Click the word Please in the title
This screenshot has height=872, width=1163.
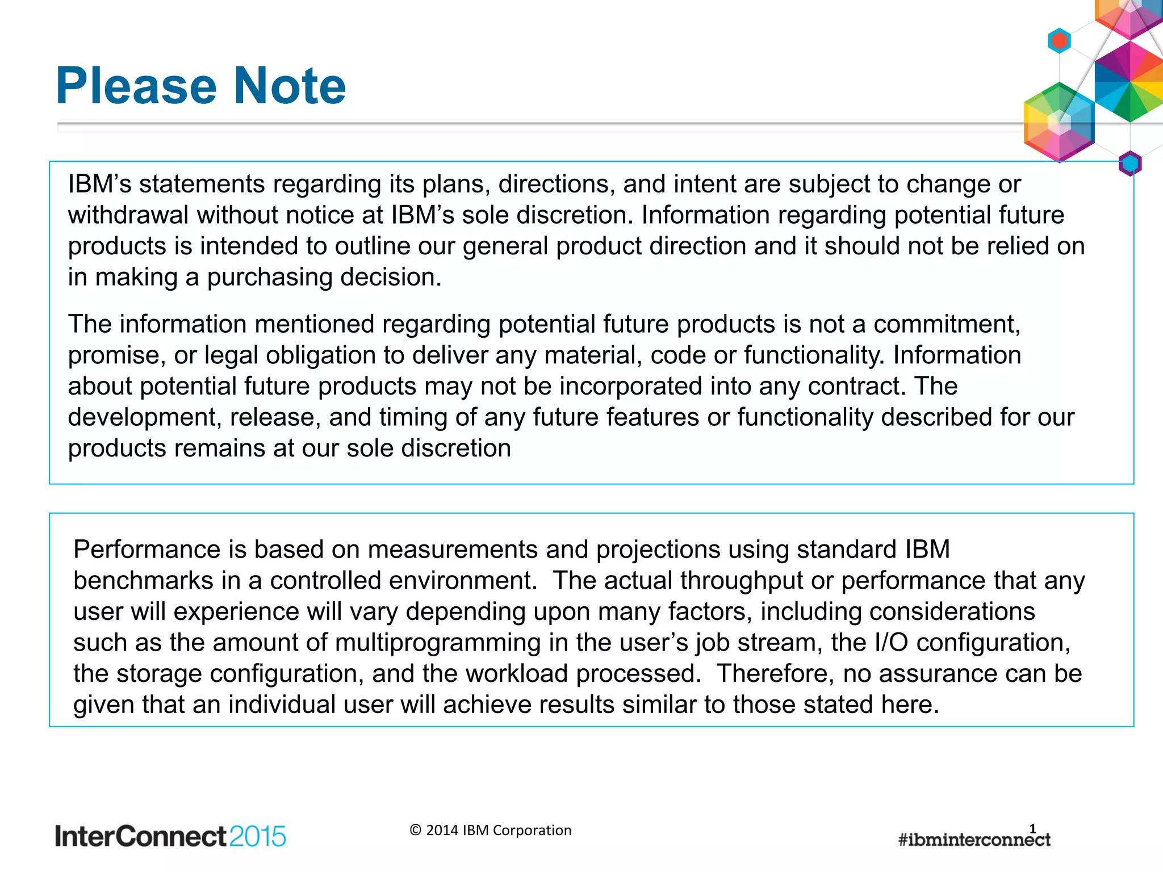(136, 86)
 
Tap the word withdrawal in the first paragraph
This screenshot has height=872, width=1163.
(128, 215)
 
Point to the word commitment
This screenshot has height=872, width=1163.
(946, 324)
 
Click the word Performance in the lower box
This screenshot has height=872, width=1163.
(147, 550)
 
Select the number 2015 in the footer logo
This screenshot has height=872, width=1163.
(258, 836)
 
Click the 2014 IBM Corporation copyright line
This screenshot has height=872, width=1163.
(491, 830)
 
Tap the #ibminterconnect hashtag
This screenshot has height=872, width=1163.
(974, 840)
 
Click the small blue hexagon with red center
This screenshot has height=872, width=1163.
(1059, 41)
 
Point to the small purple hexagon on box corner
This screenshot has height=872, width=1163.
(1130, 163)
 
